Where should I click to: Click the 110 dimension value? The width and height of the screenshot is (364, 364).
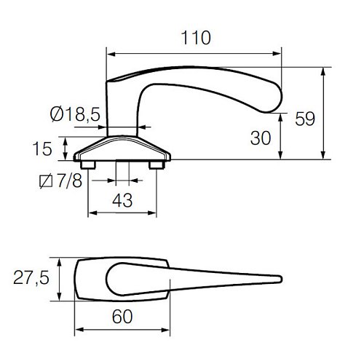pyautogui.click(x=196, y=38)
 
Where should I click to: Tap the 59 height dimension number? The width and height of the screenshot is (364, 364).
pyautogui.click(x=305, y=119)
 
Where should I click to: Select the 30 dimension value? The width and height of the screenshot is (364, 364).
pyautogui.click(x=261, y=138)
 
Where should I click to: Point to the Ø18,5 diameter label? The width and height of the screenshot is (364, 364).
pyautogui.click(x=75, y=114)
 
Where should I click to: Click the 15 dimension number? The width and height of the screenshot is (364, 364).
pyautogui.click(x=42, y=149)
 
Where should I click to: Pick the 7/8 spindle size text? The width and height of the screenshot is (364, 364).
pyautogui.click(x=70, y=181)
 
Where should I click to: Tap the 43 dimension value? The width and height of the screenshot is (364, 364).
pyautogui.click(x=122, y=200)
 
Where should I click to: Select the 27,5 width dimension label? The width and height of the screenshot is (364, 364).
pyautogui.click(x=31, y=277)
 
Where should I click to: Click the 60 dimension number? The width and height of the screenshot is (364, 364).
pyautogui.click(x=122, y=317)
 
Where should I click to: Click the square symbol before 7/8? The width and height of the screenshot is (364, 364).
pyautogui.click(x=46, y=181)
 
